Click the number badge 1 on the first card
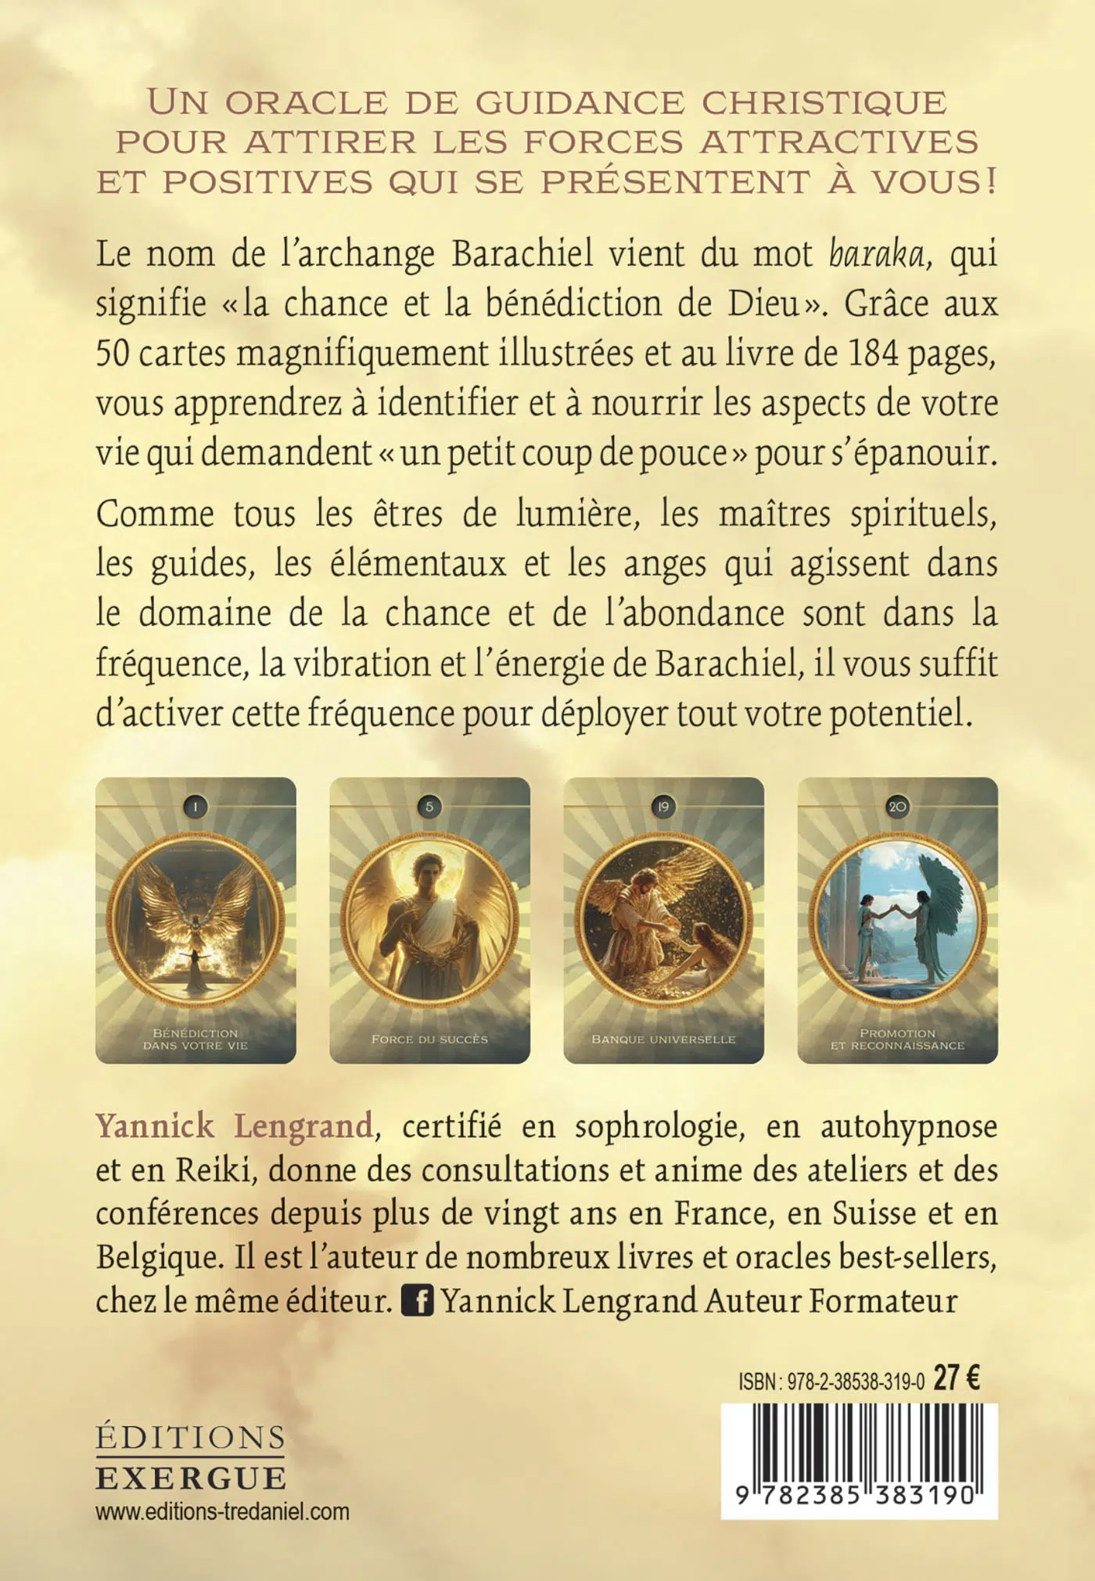(195, 807)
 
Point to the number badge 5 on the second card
(429, 807)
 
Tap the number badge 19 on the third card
(663, 807)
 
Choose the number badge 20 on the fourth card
(897, 807)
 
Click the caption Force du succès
(429, 1039)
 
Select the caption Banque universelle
(663, 1039)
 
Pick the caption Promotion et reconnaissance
(897, 1039)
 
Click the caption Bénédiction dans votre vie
(195, 1039)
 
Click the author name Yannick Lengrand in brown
(234, 1126)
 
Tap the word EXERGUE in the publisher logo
(191, 1479)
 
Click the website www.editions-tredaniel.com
(222, 1511)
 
